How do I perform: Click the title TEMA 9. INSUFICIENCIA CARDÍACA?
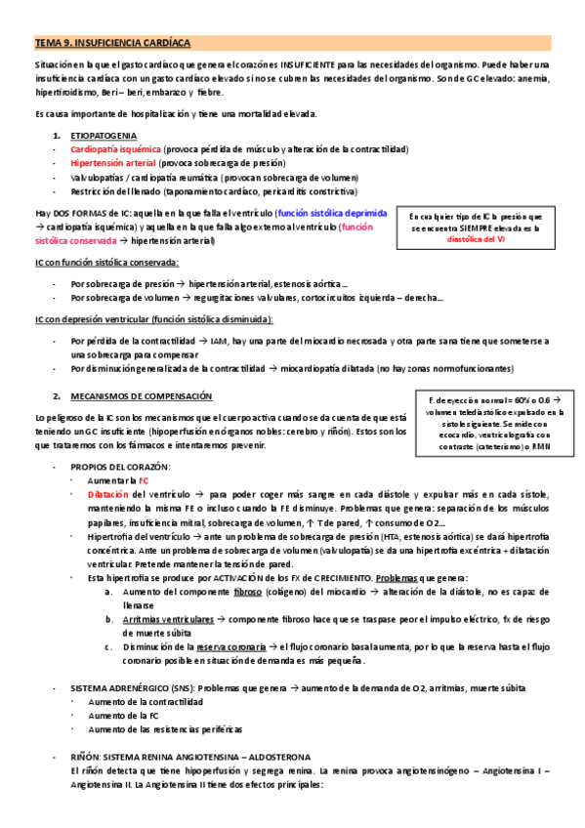113,44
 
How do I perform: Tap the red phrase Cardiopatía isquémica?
110,149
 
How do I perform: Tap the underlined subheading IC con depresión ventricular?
154,319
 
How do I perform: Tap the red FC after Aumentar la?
143,481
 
